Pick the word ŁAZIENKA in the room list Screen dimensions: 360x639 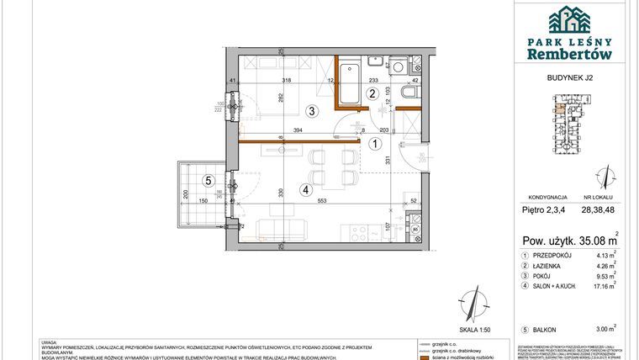(557, 266)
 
